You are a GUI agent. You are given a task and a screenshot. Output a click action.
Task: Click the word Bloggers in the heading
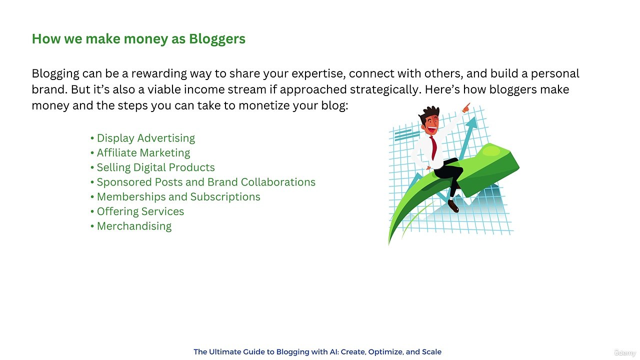click(217, 39)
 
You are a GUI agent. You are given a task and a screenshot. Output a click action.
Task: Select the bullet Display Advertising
click(145, 138)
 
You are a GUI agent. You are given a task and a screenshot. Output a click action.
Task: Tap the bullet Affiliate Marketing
click(143, 152)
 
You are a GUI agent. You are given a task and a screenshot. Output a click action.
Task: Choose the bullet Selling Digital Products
click(155, 167)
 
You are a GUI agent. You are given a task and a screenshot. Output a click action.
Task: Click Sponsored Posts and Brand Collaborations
click(206, 182)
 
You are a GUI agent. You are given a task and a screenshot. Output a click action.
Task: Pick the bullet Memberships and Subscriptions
click(178, 196)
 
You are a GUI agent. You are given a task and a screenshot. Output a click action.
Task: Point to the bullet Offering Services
click(140, 211)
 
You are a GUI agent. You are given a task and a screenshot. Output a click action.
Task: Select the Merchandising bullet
click(134, 226)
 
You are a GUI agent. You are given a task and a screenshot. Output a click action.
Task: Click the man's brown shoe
click(453, 205)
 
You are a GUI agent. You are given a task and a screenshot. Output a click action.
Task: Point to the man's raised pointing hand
click(466, 107)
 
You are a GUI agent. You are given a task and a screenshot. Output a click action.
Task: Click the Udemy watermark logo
click(624, 352)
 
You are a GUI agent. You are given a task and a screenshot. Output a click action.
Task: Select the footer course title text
click(317, 352)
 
